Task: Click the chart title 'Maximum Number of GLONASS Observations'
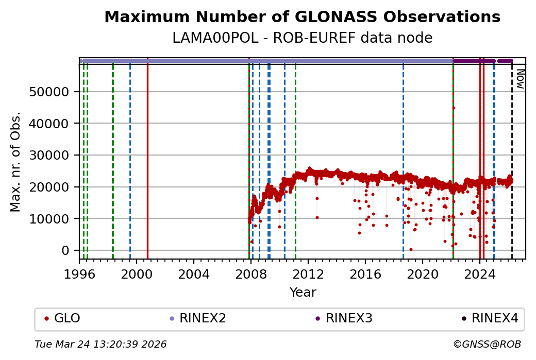[x=302, y=17]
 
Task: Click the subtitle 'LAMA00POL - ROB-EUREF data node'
[x=302, y=38]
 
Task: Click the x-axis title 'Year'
[x=303, y=293]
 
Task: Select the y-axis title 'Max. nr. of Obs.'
[x=15, y=162]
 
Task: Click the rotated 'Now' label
[x=520, y=80]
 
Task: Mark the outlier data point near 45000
[x=454, y=108]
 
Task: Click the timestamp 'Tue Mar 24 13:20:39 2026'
[x=100, y=344]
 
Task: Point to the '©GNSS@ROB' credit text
[x=487, y=344]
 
